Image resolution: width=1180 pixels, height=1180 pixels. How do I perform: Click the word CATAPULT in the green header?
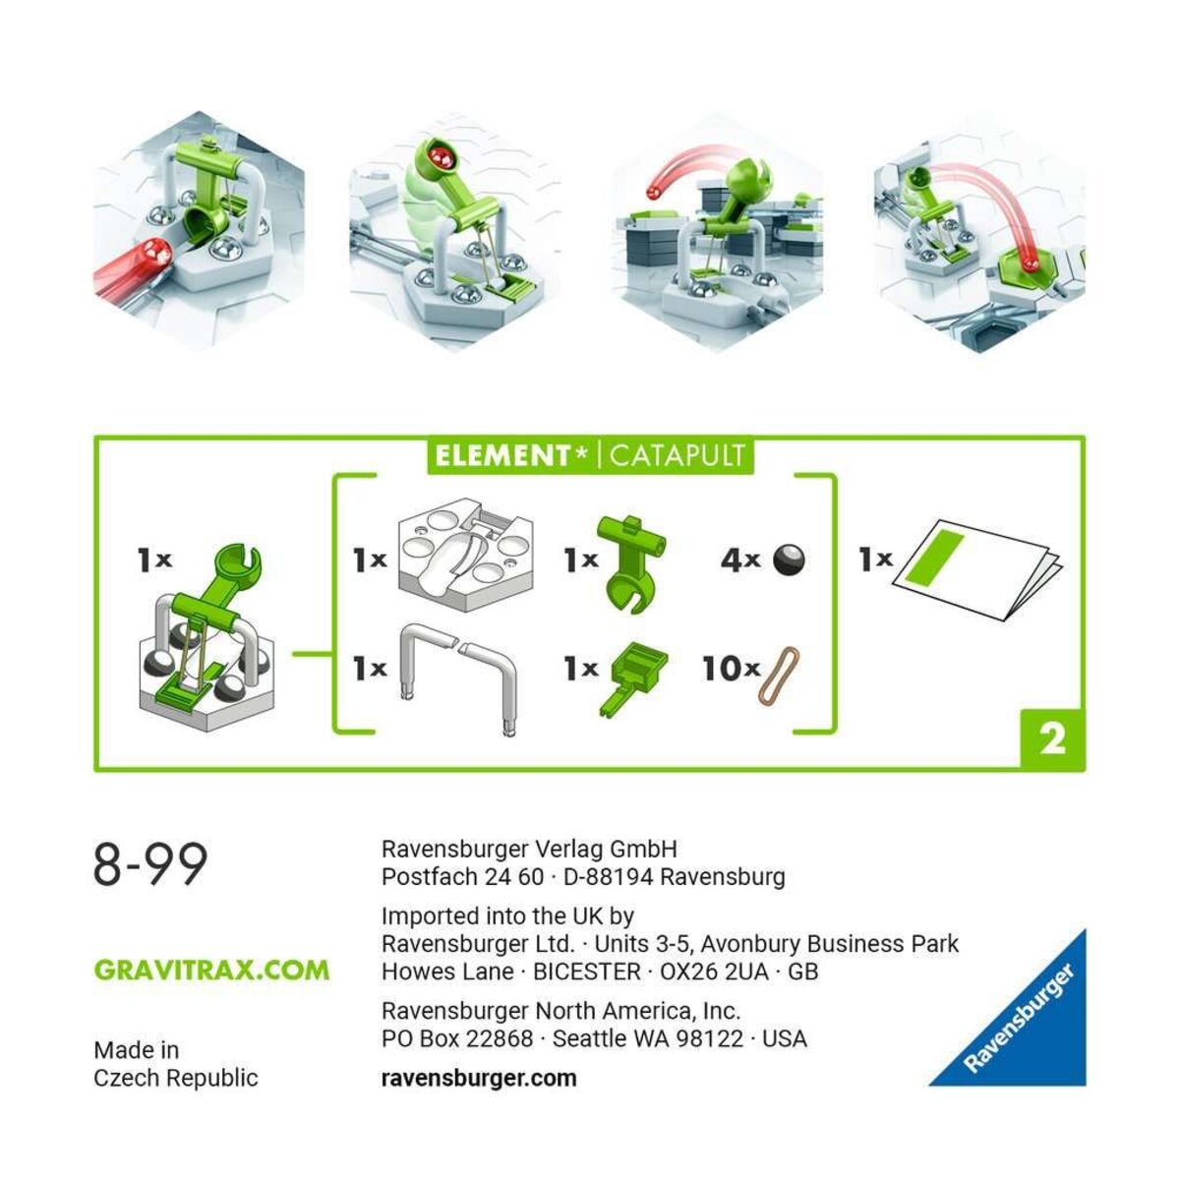pos(678,456)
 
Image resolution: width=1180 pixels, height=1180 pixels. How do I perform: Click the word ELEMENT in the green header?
pos(501,456)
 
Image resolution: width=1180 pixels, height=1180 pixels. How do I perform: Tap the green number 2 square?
pos(1052,738)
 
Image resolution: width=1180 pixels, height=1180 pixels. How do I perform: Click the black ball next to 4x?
pos(789,560)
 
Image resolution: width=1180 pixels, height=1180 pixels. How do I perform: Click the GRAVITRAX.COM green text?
pos(211,970)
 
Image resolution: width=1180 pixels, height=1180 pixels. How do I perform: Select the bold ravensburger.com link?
pos(479,1078)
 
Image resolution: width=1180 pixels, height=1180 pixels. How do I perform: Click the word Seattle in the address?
pos(594,1038)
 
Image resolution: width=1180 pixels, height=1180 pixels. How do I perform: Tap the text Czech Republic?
pos(176,1078)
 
